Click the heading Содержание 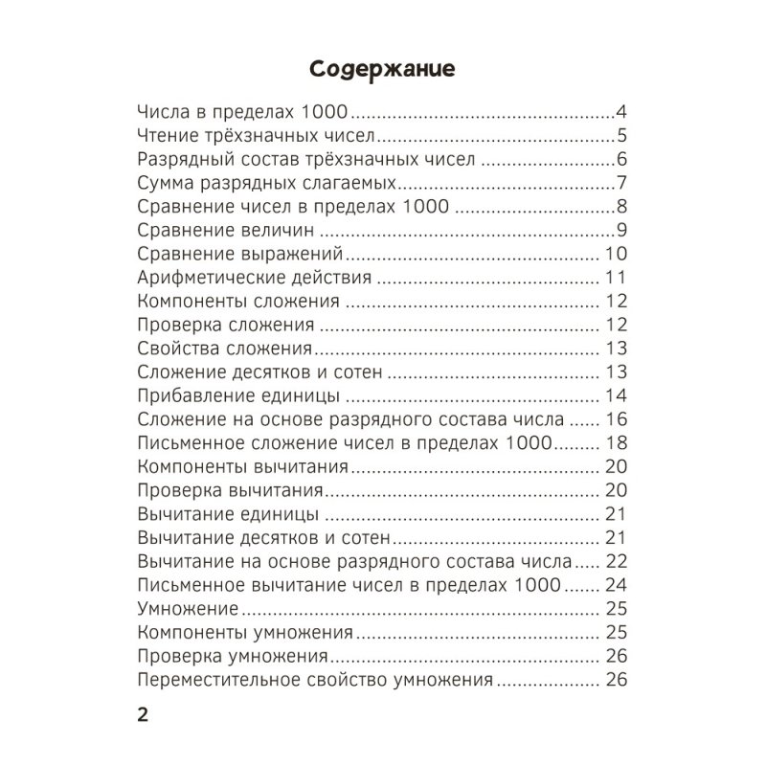(382, 70)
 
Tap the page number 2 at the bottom (143, 716)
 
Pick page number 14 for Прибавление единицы (616, 396)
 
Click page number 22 (616, 561)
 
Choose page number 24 (616, 585)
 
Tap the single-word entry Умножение (187, 610)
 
